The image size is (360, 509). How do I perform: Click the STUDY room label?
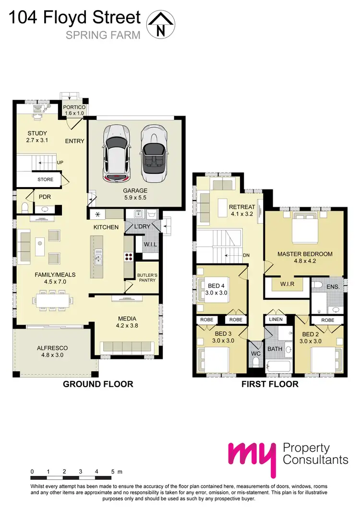coord(37,133)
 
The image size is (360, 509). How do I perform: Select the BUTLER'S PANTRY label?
coord(146,277)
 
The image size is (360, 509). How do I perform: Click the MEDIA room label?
coord(127,318)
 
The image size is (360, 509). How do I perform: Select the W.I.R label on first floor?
coord(287,284)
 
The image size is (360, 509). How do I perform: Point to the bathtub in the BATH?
coord(278,367)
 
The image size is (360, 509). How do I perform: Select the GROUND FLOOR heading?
coord(98,384)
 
